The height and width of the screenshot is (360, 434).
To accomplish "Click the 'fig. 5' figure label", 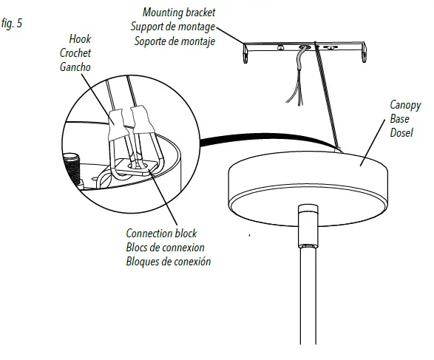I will point(13,24).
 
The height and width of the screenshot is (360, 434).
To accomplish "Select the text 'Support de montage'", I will point(174,27).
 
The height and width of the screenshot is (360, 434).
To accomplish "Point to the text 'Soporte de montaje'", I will point(174,41).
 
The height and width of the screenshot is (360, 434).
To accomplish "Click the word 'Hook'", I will point(79,38).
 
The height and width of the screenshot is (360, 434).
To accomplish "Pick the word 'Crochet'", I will point(75,52).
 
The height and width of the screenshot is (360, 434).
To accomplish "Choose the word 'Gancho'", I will point(75,67).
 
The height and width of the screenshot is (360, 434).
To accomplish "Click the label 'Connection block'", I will point(161,234).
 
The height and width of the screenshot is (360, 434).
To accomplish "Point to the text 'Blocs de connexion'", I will point(165,248).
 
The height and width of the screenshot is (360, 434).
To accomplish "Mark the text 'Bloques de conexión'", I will point(168,262).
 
